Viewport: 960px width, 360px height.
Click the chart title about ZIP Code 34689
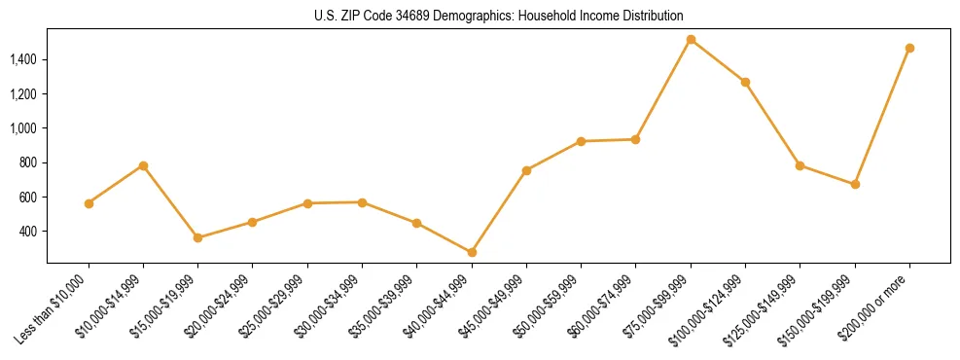pyautogui.click(x=499, y=17)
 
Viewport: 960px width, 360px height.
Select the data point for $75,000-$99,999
pyautogui.click(x=691, y=40)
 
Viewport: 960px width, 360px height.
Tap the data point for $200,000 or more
pyautogui.click(x=909, y=48)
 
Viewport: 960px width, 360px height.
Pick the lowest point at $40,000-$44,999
pyautogui.click(x=472, y=252)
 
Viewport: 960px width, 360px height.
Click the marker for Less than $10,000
pyautogui.click(x=89, y=203)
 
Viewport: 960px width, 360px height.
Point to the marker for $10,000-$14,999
pyautogui.click(x=143, y=165)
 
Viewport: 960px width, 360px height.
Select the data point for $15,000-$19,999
pyautogui.click(x=197, y=237)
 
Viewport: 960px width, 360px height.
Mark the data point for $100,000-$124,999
pyautogui.click(x=745, y=82)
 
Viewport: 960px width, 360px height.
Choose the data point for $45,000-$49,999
pyautogui.click(x=526, y=170)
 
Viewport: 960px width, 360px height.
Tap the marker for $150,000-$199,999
pyautogui.click(x=855, y=184)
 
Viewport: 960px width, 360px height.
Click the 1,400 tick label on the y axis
pyautogui.click(x=23, y=59)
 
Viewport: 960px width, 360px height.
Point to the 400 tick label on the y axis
pyautogui.click(x=29, y=232)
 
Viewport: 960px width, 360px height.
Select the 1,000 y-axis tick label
pyautogui.click(x=23, y=128)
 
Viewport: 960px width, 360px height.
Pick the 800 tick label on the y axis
pyautogui.click(x=29, y=162)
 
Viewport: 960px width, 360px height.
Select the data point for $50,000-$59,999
pyautogui.click(x=581, y=141)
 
